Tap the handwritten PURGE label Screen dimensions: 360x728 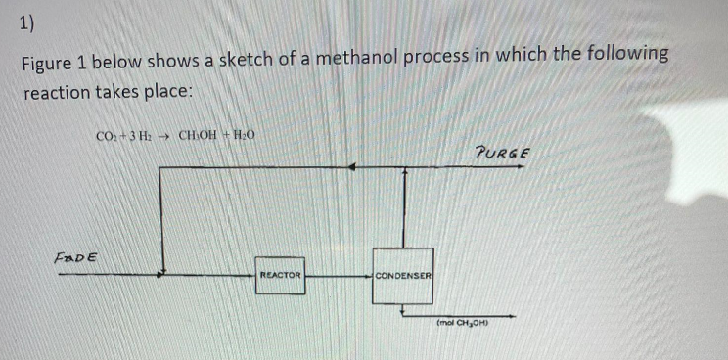pos(502,154)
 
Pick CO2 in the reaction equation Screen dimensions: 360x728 pos(106,138)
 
